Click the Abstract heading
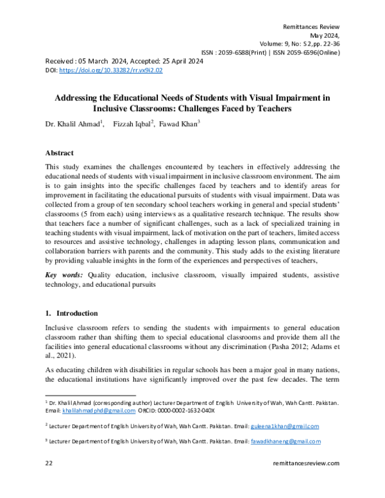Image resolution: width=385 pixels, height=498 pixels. (x=59, y=153)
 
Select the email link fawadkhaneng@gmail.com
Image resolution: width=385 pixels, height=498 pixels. (x=287, y=442)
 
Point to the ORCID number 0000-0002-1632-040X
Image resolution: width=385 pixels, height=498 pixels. (x=187, y=410)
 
